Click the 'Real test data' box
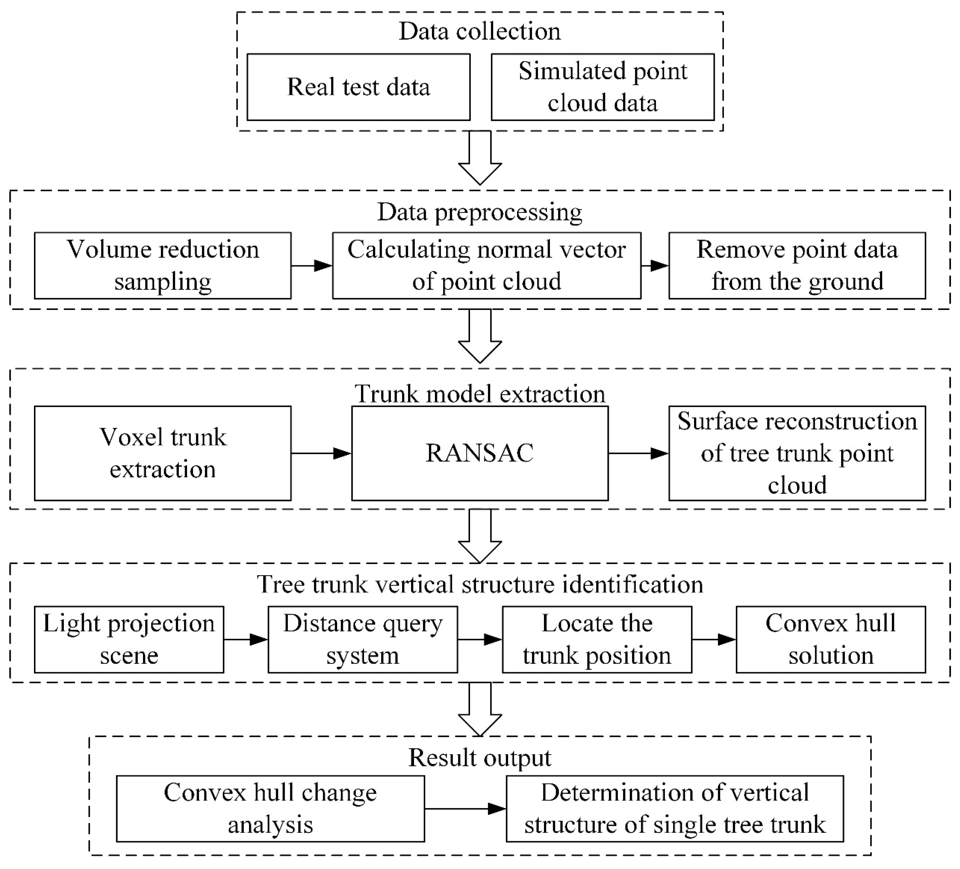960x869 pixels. click(358, 87)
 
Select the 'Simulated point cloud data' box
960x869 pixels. click(602, 87)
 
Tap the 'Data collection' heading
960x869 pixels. click(480, 32)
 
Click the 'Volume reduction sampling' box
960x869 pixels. click(162, 265)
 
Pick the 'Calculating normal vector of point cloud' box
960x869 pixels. click(486, 265)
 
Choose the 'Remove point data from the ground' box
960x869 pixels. click(797, 265)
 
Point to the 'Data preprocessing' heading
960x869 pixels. click(480, 212)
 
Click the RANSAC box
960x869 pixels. click(480, 453)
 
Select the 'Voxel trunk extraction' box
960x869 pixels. click(162, 453)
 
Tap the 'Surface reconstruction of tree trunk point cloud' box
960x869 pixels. click(797, 453)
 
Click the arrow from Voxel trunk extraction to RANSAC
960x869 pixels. click(322, 453)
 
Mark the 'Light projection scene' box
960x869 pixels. click(128, 639)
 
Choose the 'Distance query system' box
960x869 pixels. click(362, 639)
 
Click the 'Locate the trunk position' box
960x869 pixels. click(597, 639)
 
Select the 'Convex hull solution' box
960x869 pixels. click(830, 639)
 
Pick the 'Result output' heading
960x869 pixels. click(480, 757)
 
